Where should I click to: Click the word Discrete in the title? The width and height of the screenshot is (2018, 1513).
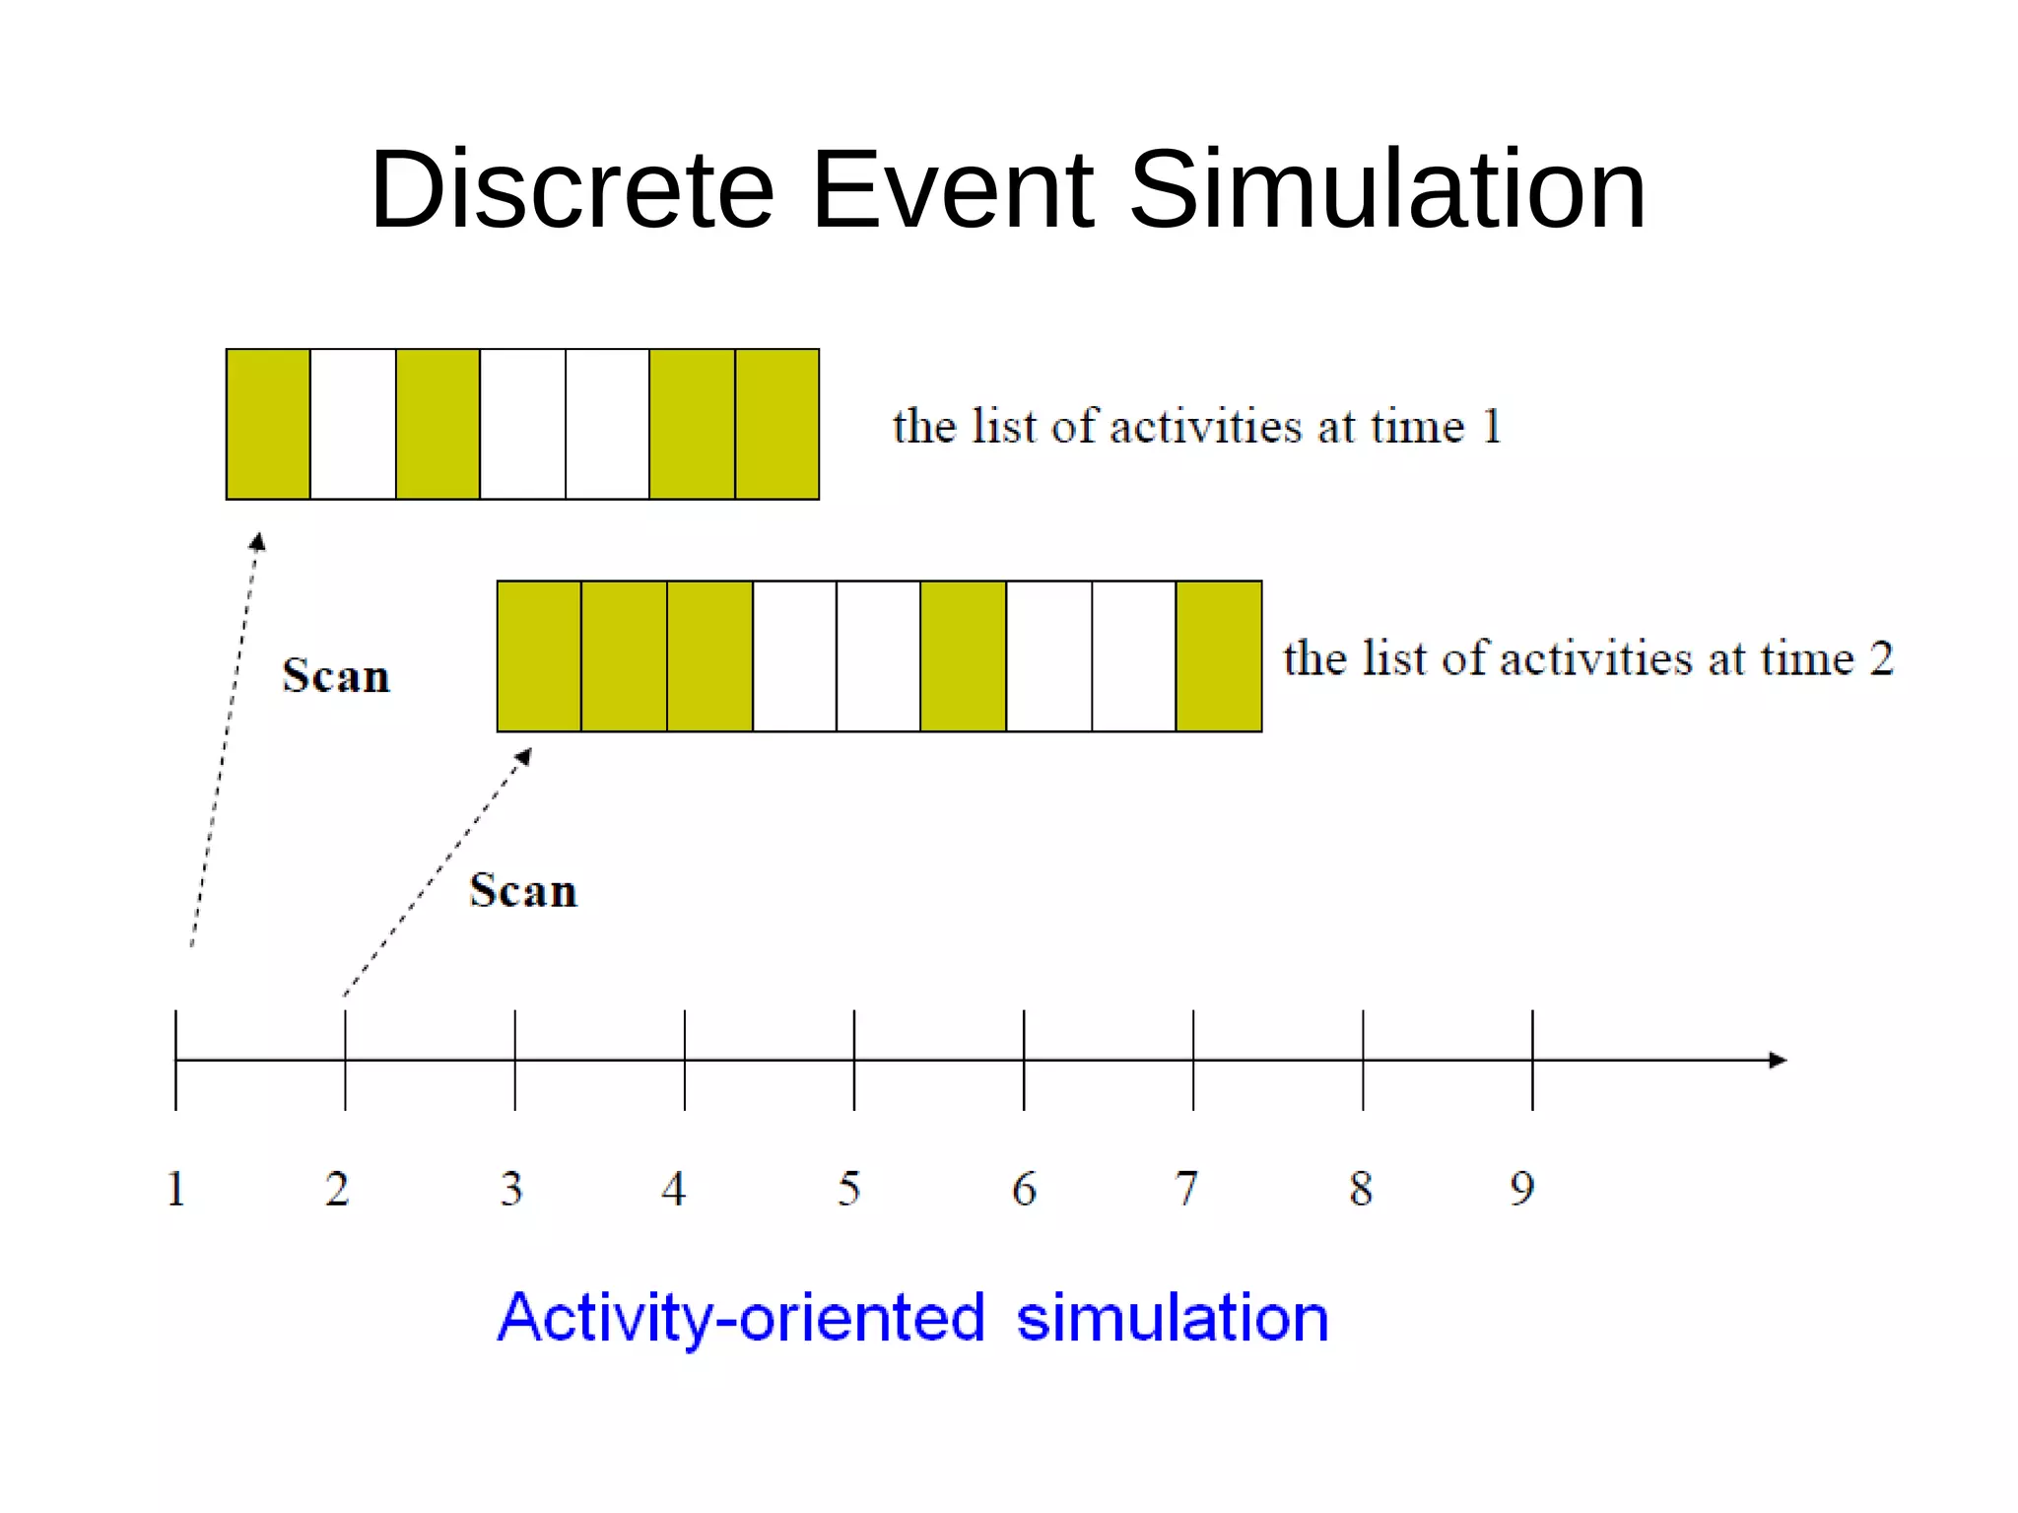coord(572,189)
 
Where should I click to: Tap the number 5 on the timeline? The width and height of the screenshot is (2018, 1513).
coord(848,1189)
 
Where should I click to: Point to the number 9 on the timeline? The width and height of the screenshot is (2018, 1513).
coord(1522,1189)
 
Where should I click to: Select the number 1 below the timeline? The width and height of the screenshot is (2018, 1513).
coord(175,1189)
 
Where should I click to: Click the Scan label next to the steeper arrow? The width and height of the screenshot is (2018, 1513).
coord(336,676)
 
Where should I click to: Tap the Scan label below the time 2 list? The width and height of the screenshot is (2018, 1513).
coord(523,891)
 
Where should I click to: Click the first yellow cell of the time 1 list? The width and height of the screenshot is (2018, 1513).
coord(268,424)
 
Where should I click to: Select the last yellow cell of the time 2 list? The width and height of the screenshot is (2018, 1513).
coord(1219,656)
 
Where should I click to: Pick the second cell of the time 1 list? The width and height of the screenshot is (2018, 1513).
coord(353,424)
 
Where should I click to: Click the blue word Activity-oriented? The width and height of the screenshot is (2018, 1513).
coord(741,1318)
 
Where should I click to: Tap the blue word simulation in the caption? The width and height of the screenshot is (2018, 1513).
coord(1173,1318)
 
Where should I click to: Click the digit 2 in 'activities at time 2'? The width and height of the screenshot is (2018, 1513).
coord(1881,658)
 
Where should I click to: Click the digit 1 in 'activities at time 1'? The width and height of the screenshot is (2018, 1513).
coord(1492,427)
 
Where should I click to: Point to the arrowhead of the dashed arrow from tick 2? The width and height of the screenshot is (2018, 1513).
coord(525,756)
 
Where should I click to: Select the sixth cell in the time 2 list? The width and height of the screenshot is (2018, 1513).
coord(963,656)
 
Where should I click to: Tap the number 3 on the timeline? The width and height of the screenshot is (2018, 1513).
coord(510,1189)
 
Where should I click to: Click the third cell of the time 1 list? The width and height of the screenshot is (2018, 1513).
coord(437,424)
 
